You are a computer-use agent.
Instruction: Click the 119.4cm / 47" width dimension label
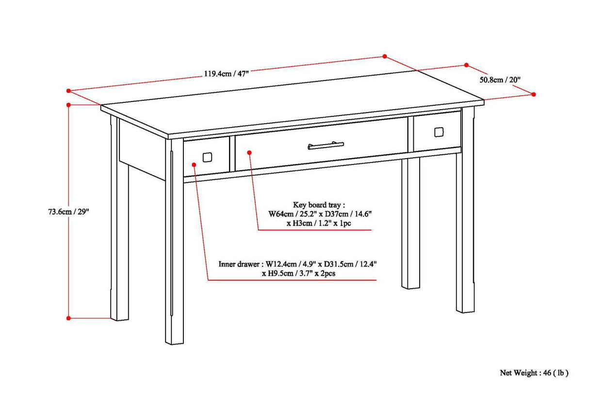click(x=226, y=74)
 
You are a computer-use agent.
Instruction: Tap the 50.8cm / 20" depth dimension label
click(x=500, y=80)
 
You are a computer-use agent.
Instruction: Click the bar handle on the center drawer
click(x=326, y=145)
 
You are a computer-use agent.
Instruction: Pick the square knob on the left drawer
click(x=207, y=157)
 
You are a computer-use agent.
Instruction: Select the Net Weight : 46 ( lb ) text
click(x=534, y=373)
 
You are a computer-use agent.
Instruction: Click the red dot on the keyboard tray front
click(x=249, y=152)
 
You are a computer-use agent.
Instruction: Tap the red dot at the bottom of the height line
click(x=68, y=318)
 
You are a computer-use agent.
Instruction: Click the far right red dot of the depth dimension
click(x=534, y=94)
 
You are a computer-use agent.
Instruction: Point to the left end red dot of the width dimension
click(x=68, y=90)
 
